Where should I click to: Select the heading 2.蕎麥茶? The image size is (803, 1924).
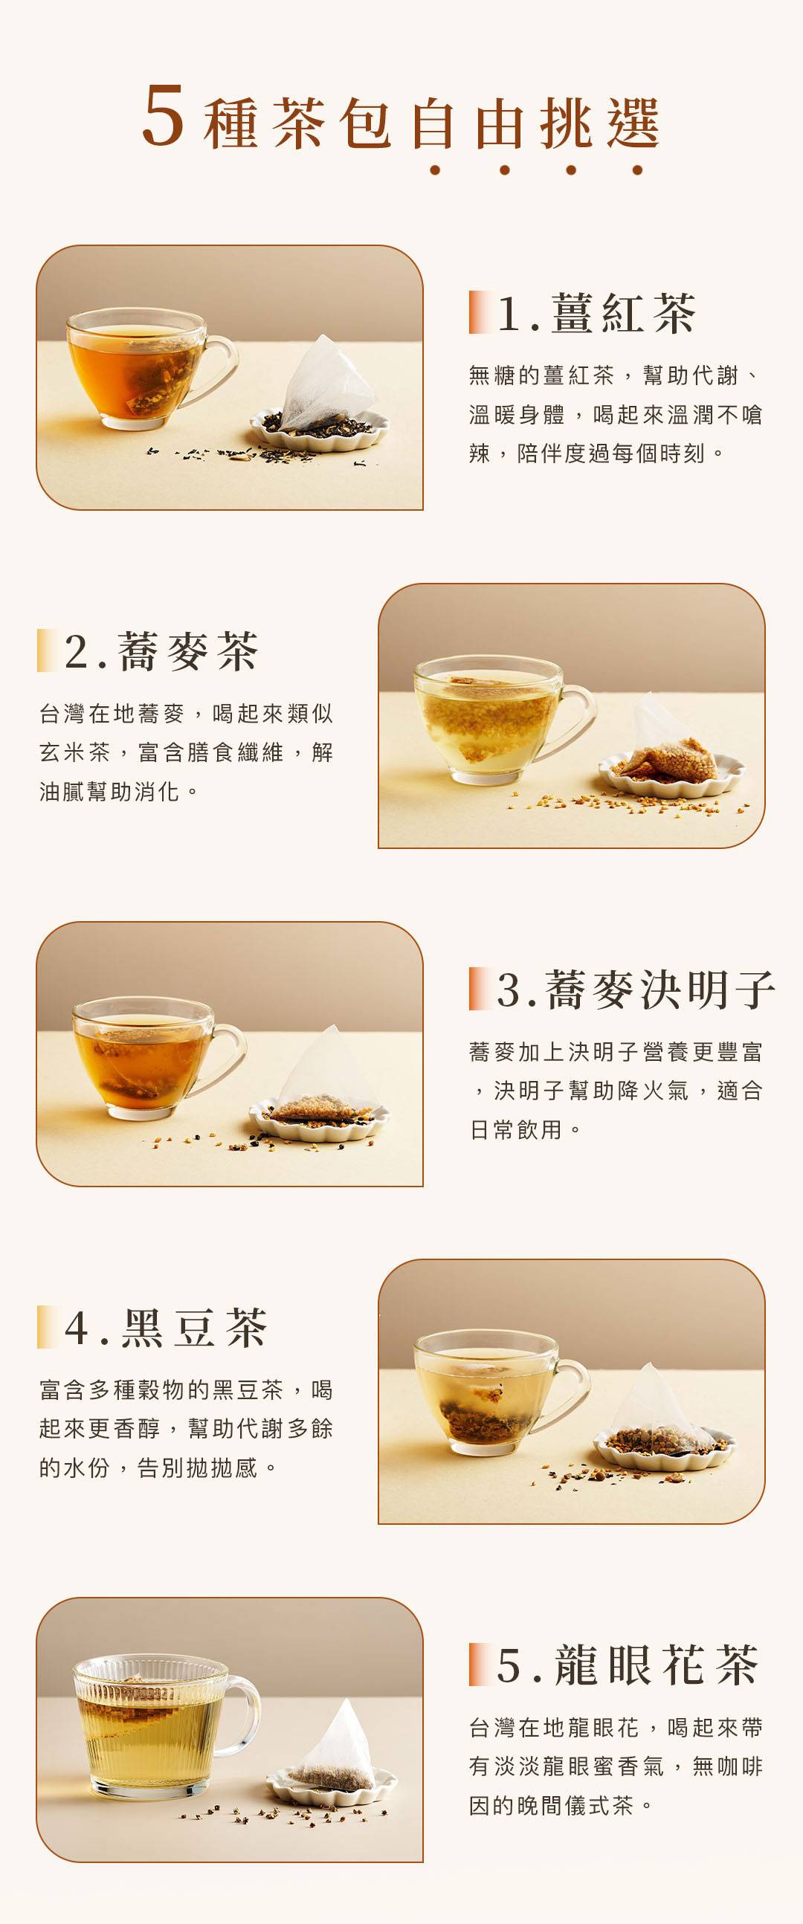162,651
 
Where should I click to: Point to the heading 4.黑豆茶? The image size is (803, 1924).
166,1328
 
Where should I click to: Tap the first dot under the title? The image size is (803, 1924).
436,170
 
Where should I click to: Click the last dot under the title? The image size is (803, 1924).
637,170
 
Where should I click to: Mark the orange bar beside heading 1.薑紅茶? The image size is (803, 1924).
480,312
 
